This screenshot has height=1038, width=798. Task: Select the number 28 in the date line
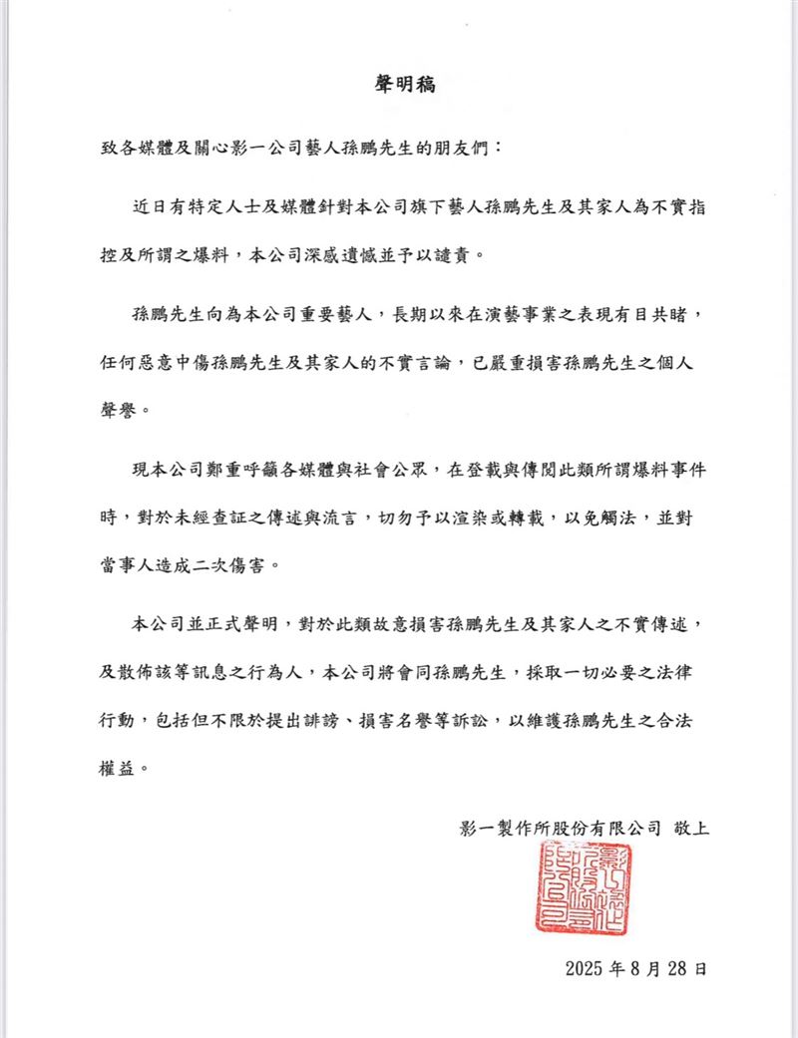click(x=676, y=967)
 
